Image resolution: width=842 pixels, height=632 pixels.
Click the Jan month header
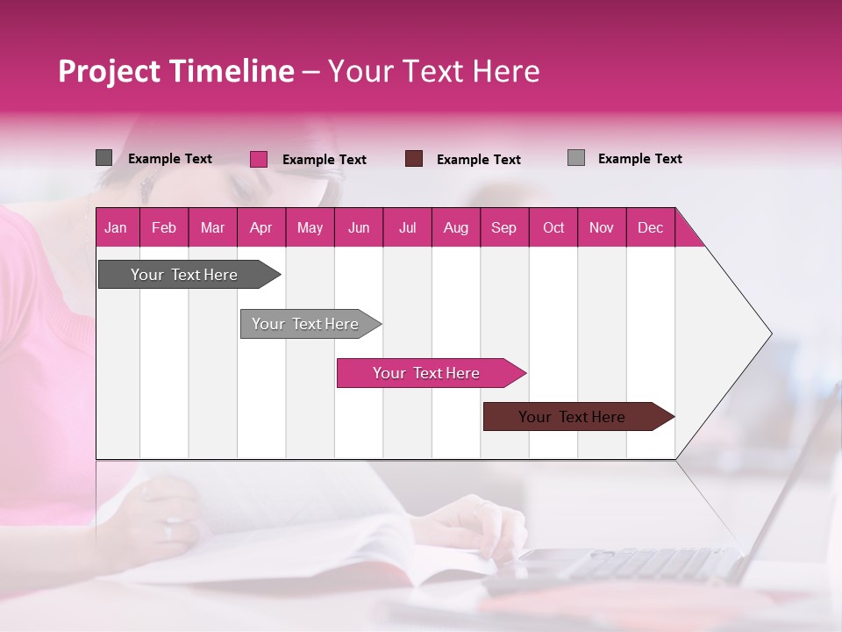116,227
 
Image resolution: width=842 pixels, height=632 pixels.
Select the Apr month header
260,227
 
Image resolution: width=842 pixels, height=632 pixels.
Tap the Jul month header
407,227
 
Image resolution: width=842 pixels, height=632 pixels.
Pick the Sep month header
503,227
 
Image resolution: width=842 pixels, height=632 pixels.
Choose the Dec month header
650,227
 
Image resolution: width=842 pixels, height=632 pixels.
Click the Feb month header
164,227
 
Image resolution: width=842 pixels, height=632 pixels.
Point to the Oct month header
553,227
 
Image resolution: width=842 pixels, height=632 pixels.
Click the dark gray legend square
103,158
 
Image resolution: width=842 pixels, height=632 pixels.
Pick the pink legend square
258,159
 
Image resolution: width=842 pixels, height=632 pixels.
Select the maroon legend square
414,159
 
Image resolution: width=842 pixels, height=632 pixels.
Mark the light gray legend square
575,158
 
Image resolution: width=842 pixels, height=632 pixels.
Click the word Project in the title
109,71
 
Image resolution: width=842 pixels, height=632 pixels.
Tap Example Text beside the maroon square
478,160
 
